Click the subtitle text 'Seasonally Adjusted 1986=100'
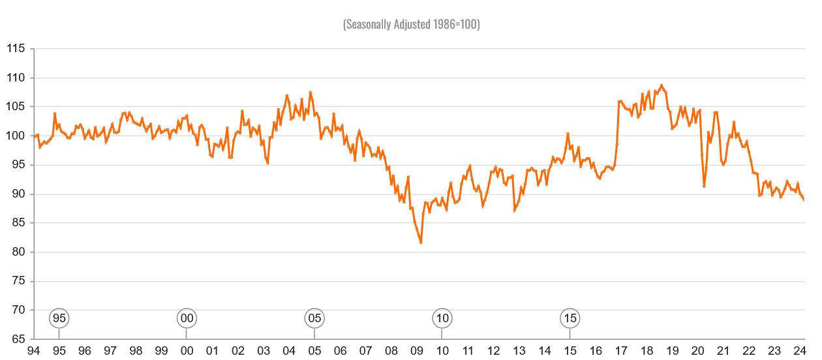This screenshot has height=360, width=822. coord(411,25)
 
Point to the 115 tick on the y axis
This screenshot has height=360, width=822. coord(16,49)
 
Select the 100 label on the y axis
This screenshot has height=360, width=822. coord(16,136)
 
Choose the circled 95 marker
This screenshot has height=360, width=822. coord(59,318)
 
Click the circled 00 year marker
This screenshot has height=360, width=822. coord(187,318)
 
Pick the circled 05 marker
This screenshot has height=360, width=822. coord(314,318)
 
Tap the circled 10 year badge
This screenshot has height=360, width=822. coord(442,318)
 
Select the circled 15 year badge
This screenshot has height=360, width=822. coord(570,318)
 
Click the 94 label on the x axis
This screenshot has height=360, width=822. coord(33,351)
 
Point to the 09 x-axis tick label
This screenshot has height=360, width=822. coord(417,351)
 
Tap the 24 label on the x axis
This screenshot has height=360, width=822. coord(800,351)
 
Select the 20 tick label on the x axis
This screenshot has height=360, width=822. coord(697,351)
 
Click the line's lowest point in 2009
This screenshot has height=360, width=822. coord(421,243)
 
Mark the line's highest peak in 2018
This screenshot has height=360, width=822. coord(662,85)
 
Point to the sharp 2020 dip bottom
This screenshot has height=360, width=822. coord(704,186)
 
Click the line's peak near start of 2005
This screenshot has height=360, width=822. coord(311,92)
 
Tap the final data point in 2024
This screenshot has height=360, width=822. coord(803,200)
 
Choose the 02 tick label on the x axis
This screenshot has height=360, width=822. coord(237,351)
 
